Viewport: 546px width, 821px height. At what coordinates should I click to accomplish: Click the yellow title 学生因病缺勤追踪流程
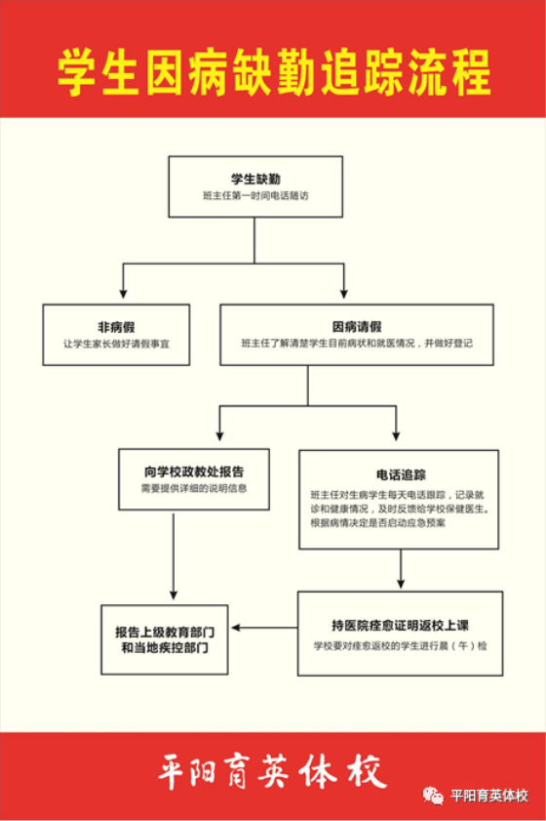pos(274,72)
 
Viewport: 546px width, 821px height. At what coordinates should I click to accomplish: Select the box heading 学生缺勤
pos(255,179)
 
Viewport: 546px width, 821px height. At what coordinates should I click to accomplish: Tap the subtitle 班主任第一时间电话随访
pos(255,196)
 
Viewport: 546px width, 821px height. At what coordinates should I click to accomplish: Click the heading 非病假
pos(116,327)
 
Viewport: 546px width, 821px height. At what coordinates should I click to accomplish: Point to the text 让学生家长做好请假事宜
pos(116,344)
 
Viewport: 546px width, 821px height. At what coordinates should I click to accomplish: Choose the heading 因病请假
pos(357,327)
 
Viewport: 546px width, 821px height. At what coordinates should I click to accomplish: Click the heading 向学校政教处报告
pos(194,472)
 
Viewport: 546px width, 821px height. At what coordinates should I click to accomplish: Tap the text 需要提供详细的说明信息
pos(194,488)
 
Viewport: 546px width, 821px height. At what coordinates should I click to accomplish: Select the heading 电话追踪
pos(401,474)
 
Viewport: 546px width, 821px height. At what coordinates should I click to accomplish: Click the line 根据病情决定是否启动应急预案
pos(378,523)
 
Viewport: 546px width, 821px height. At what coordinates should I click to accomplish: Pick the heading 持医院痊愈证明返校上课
pos(400,625)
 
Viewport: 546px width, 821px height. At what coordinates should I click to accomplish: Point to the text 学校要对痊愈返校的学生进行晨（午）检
pos(400,645)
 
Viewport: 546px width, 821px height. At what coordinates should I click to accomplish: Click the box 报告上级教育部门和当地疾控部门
pos(165,639)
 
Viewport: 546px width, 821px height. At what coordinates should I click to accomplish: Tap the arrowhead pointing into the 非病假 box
pos(124,294)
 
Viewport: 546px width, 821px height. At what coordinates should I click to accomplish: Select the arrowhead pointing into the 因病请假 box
pos(343,294)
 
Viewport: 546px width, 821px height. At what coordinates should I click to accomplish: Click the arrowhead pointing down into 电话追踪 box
pos(396,435)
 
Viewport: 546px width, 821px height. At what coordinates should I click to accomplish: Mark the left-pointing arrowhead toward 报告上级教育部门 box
pos(236,628)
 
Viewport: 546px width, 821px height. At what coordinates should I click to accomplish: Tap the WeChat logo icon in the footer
pos(433,796)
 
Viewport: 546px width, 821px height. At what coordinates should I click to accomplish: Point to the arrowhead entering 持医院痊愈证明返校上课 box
pos(401,583)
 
